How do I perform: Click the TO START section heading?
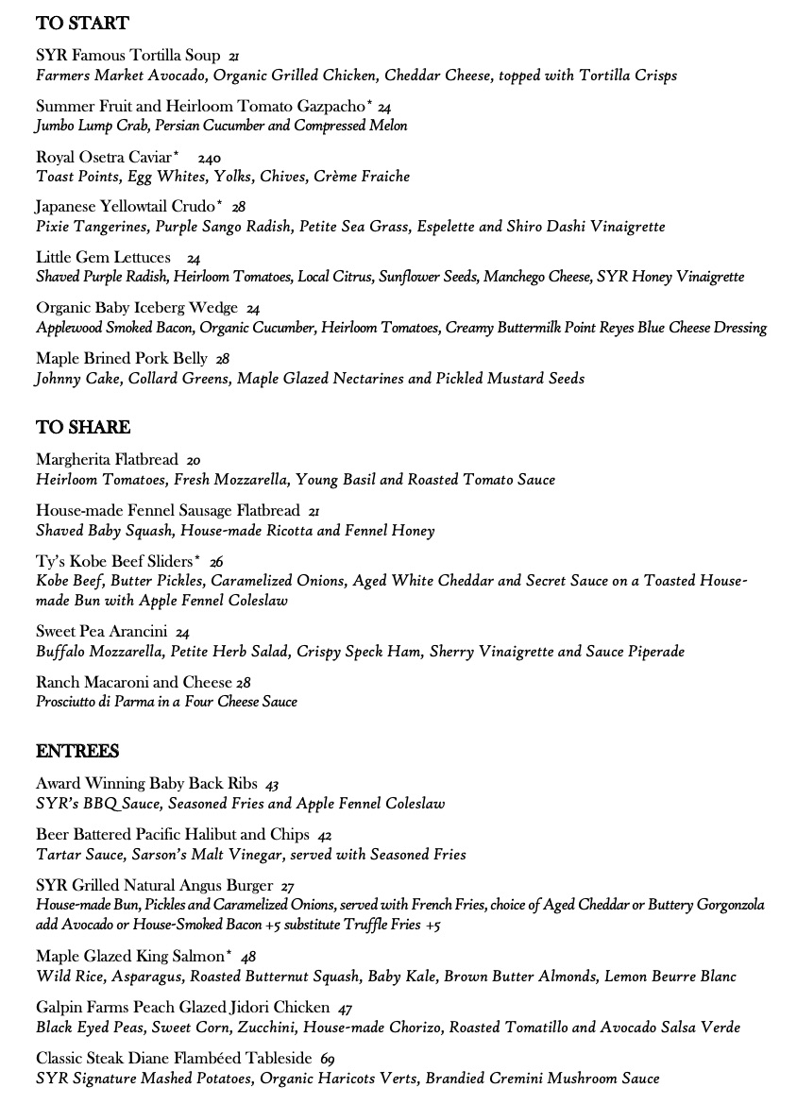coord(82,24)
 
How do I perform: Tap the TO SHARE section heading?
coord(83,428)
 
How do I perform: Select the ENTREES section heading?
coord(77,752)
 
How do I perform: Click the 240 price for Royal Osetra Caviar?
coord(209,159)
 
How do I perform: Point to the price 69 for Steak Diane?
coord(328,1060)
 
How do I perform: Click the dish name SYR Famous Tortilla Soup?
coord(128,56)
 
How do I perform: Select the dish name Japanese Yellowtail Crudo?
coord(126,207)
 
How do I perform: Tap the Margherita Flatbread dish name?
coord(107,460)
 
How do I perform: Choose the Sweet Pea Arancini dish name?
coord(102,632)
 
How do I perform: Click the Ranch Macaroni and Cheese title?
coord(134,682)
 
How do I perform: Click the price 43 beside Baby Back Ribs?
coord(272,785)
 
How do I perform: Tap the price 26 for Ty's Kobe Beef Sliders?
coord(216,562)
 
